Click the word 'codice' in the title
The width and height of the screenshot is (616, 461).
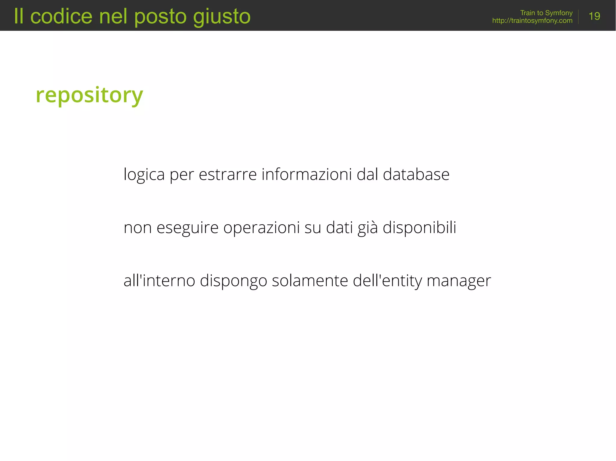[61, 16]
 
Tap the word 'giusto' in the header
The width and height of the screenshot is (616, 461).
[222, 16]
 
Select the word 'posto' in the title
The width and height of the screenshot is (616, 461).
[160, 16]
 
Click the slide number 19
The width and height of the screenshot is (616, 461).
[594, 16]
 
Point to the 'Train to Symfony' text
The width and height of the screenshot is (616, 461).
[546, 13]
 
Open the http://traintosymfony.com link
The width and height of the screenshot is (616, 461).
[532, 21]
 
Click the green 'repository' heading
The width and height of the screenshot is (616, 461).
[89, 95]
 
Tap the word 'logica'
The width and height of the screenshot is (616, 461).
[144, 174]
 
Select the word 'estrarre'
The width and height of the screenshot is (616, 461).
[228, 174]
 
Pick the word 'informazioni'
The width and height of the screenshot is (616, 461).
[306, 174]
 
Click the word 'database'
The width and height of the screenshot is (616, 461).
[416, 174]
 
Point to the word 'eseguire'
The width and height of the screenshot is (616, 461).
[187, 228]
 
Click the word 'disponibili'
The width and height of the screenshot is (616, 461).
[419, 228]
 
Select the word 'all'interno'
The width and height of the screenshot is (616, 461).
[159, 281]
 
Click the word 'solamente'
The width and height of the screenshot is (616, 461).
[310, 281]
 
